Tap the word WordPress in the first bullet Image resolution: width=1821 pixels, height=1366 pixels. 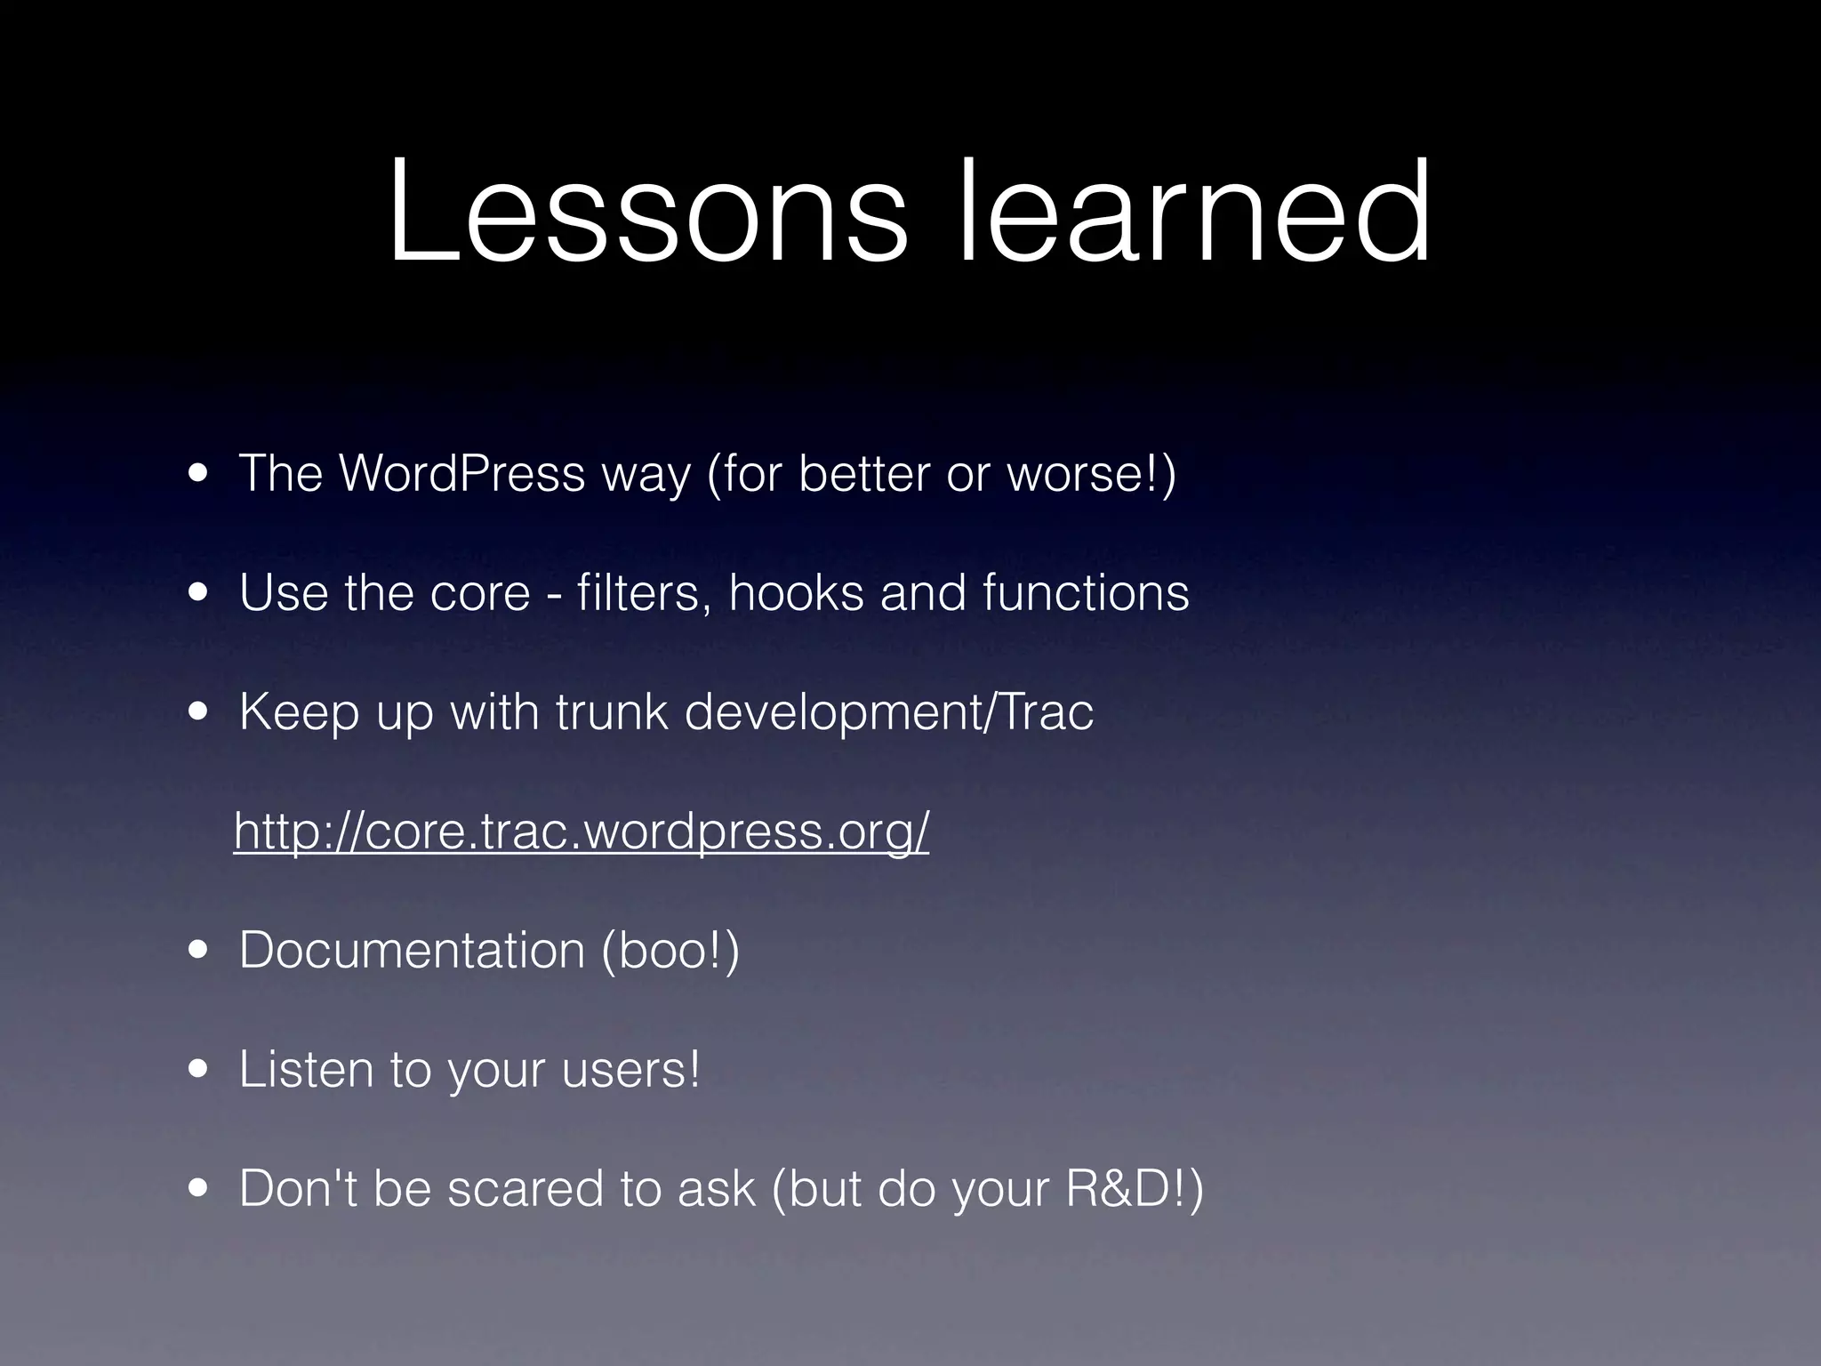click(461, 473)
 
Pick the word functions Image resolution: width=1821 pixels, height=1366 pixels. click(1086, 593)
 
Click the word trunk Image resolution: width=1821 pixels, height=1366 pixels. click(612, 712)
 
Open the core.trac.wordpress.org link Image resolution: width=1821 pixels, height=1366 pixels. click(582, 832)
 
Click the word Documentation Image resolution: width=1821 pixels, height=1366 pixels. click(412, 951)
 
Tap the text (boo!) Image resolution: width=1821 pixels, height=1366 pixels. click(670, 951)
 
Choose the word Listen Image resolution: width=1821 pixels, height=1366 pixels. click(306, 1070)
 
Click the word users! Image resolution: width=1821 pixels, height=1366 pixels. click(631, 1070)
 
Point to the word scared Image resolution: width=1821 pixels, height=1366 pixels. click(525, 1189)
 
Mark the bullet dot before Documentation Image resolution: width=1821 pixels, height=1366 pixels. click(198, 951)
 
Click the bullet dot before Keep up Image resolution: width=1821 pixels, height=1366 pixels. click(198, 712)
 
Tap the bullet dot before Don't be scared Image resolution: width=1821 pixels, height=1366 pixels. click(198, 1189)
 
